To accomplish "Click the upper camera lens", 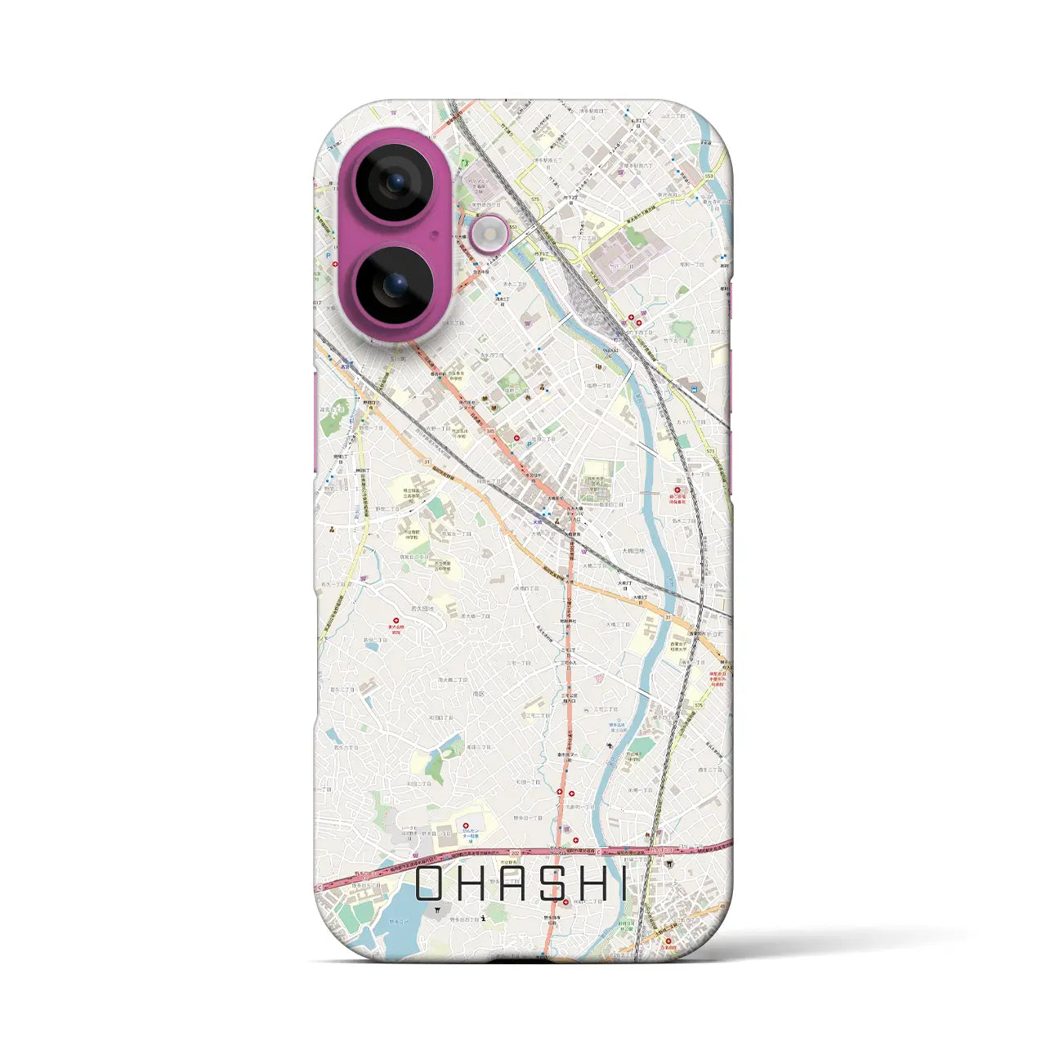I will [x=393, y=182].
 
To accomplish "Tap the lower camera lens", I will [x=393, y=284].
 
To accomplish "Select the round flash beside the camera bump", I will [x=489, y=235].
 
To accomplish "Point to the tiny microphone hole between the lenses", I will [x=434, y=234].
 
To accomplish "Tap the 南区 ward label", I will [x=479, y=693].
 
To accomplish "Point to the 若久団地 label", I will [x=422, y=609].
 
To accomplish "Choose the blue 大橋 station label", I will [x=537, y=522].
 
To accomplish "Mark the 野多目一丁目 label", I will [x=527, y=817].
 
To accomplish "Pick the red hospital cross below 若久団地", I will [x=396, y=621].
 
